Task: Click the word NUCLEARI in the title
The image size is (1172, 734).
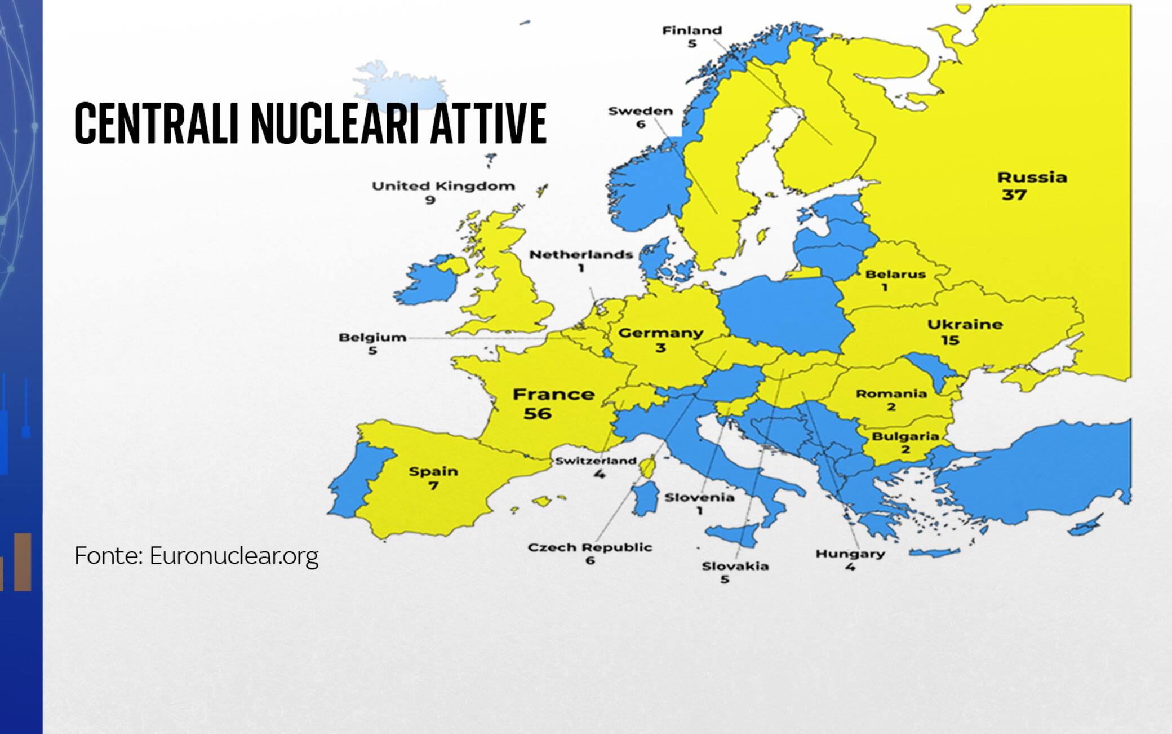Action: [x=335, y=123]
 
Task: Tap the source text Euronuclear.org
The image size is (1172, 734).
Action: [x=234, y=556]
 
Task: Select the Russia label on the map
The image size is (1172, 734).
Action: [x=1032, y=178]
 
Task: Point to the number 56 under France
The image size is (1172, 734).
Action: [x=537, y=414]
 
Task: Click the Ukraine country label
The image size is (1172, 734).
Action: [x=965, y=325]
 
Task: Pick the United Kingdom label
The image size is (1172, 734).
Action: [x=443, y=186]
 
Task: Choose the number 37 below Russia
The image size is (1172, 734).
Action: [x=1014, y=195]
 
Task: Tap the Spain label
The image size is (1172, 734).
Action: [x=433, y=471]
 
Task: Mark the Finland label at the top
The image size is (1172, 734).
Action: [x=692, y=30]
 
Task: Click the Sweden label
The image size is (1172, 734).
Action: [x=641, y=111]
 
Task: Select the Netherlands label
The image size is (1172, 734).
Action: [x=581, y=255]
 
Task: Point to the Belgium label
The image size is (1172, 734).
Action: [x=372, y=338]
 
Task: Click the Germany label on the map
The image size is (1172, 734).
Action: [x=661, y=333]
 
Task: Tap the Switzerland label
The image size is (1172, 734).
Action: [x=596, y=461]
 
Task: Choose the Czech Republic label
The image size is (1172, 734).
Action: [x=590, y=547]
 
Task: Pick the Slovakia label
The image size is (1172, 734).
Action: [x=735, y=566]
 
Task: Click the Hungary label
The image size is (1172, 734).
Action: [x=850, y=554]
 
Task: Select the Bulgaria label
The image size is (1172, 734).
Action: [x=905, y=436]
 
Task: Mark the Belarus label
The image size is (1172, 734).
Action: [x=895, y=275]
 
